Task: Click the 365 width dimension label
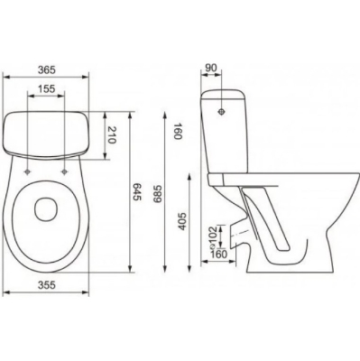tap(47, 70)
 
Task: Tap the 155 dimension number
tap(47, 88)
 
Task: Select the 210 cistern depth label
tap(112, 134)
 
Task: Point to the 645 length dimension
tap(137, 192)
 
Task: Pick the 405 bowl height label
tap(182, 221)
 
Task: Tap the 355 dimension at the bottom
tap(47, 284)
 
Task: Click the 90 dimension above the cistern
tap(211, 68)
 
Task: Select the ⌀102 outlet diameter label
tap(212, 237)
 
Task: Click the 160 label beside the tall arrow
tap(178, 131)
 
